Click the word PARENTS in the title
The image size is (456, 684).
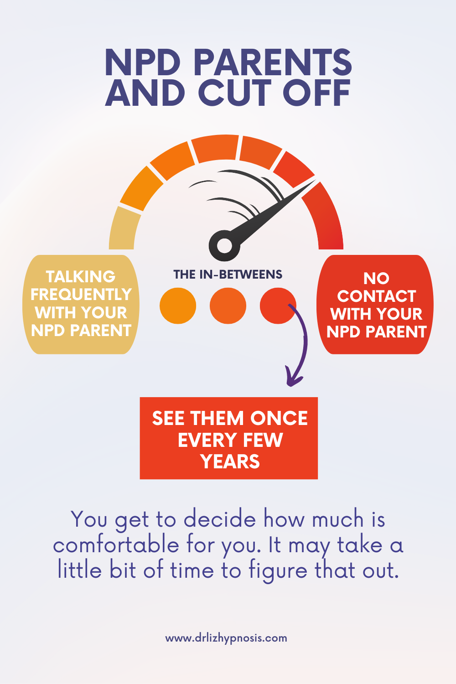click(x=273, y=62)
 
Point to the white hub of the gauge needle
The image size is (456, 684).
click(x=224, y=246)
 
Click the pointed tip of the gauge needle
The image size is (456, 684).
click(x=315, y=180)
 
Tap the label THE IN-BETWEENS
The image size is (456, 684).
click(x=228, y=275)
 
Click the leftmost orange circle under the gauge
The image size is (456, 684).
click(x=178, y=306)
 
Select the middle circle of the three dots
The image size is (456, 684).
click(x=228, y=306)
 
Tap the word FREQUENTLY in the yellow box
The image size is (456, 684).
click(x=81, y=295)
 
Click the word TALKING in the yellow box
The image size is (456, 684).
click(x=81, y=277)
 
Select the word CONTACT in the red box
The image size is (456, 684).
click(x=377, y=296)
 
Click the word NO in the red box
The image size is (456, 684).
click(x=376, y=279)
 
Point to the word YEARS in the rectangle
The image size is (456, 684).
click(x=230, y=461)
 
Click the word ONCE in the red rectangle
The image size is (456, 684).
click(x=279, y=418)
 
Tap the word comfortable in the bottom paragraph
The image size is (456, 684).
click(x=116, y=545)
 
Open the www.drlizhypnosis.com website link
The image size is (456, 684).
click(x=226, y=638)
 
